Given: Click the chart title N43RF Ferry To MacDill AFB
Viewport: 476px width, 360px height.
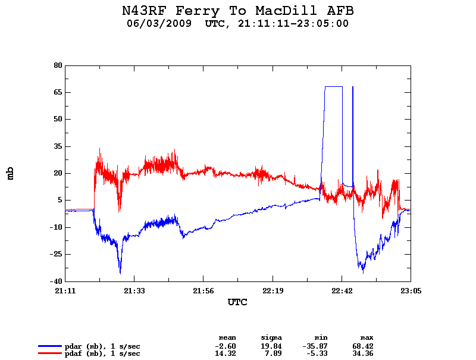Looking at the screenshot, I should point(237,11).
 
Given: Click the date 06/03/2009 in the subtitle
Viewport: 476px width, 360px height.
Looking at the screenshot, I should point(159,24).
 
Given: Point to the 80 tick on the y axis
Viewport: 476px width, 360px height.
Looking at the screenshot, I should point(58,65).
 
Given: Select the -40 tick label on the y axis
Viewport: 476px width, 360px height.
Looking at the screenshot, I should point(57,281).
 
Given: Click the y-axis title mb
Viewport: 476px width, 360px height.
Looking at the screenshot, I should point(10,173).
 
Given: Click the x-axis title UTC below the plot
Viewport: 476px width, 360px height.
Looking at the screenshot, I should point(237,302).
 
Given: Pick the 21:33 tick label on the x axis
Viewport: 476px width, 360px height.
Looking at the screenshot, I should point(134,291).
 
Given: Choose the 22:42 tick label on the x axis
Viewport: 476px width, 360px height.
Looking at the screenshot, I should point(342,291).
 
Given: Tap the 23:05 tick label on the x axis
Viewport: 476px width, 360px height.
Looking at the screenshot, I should point(411,291).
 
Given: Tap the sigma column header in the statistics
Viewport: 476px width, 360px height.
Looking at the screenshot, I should point(271,337).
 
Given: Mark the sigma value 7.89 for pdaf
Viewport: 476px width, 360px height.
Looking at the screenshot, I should point(274,353).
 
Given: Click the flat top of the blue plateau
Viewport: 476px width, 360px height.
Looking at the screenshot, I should point(333,87).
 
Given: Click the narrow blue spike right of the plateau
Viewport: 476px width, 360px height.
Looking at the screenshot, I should point(353,119).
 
